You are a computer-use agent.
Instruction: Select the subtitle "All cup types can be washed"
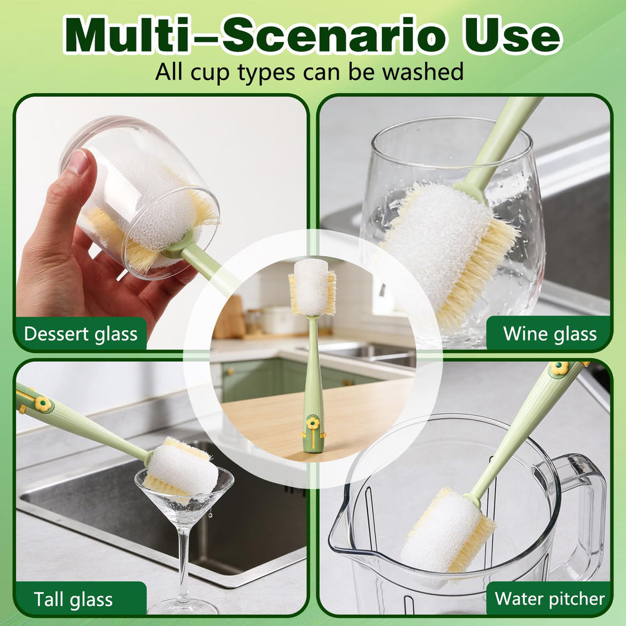309,71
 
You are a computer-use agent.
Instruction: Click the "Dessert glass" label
80,334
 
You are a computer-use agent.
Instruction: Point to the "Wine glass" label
550,334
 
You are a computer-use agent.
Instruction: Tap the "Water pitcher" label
550,598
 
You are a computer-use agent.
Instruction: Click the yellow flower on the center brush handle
313,425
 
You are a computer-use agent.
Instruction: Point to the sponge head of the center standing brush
312,287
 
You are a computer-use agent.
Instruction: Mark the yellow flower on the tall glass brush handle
42,404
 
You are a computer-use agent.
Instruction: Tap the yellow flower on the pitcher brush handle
559,368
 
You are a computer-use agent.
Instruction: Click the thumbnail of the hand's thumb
78,163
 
